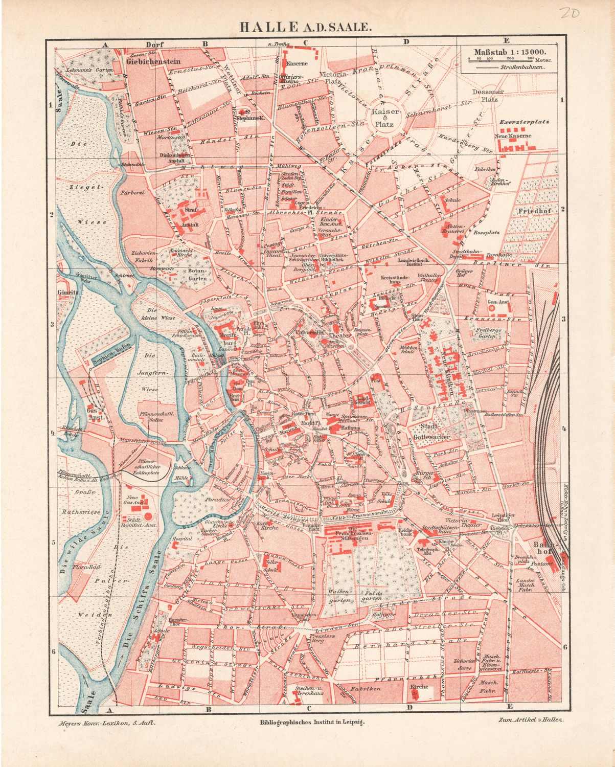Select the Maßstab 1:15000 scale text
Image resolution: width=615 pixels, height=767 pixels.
point(509,52)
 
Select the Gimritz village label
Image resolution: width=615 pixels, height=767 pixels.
point(67,293)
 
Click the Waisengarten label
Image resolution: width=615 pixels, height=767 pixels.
point(339,596)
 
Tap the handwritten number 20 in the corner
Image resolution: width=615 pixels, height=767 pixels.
point(569,13)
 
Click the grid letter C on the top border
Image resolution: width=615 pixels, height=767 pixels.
point(306,43)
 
